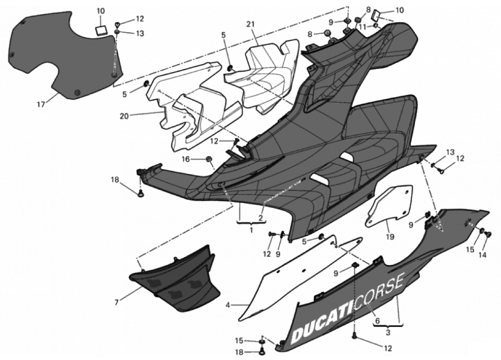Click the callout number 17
click(x=41, y=104)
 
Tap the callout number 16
click(x=186, y=159)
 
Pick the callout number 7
click(x=116, y=303)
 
